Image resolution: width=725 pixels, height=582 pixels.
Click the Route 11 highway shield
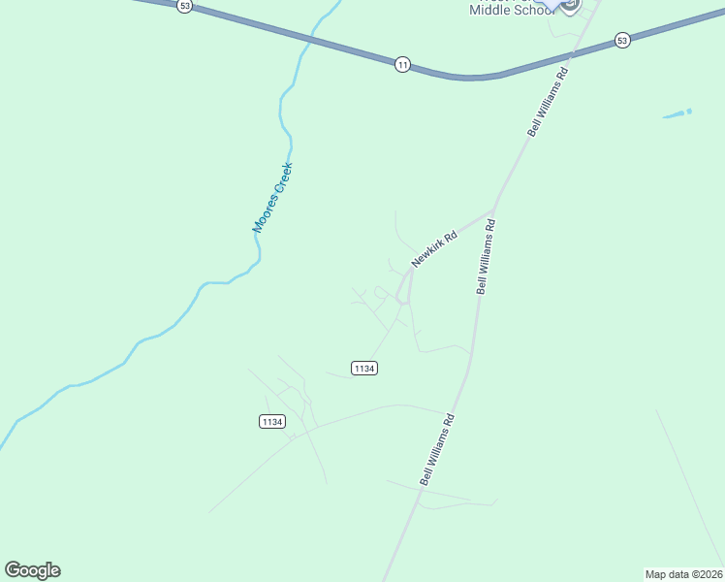[x=402, y=64]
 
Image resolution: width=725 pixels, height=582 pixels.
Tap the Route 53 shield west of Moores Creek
[x=185, y=6]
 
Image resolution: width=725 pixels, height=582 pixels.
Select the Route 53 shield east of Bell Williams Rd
[x=622, y=41]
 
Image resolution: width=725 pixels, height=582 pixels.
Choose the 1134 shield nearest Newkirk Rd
[x=364, y=369]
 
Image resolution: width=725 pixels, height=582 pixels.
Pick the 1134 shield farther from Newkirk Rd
[x=272, y=421]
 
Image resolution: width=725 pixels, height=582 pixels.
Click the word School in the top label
[x=532, y=10]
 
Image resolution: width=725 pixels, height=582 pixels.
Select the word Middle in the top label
[x=489, y=10]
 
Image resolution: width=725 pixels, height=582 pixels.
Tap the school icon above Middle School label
[x=569, y=4]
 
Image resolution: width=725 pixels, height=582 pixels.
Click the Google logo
[x=32, y=570]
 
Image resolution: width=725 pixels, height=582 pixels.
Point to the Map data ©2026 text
[x=683, y=574]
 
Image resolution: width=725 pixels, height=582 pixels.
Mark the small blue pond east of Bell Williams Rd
[x=678, y=113]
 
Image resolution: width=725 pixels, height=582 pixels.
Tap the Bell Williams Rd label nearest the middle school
[x=547, y=101]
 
